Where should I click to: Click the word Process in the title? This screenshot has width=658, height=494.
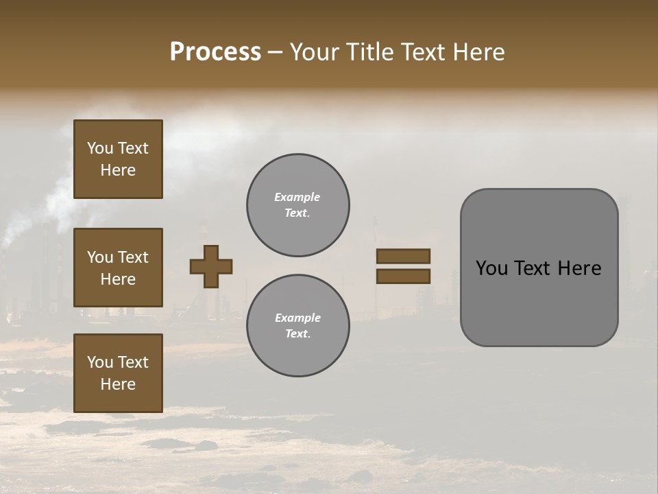tap(215, 52)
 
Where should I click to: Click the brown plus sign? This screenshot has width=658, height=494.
tap(211, 266)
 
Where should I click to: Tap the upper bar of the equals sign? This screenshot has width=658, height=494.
tap(403, 256)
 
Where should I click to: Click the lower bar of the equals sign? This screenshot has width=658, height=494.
tap(403, 276)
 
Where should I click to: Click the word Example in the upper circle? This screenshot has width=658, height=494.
tap(297, 197)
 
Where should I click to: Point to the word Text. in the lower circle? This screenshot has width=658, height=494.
tap(297, 333)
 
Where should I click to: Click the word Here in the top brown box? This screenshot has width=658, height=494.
tap(118, 170)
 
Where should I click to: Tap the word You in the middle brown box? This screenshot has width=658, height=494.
tap(99, 257)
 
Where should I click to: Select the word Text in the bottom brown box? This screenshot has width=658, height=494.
tap(132, 362)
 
